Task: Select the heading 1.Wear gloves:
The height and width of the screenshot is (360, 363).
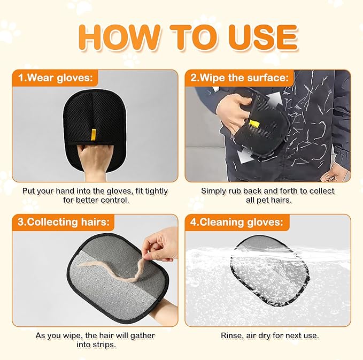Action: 56,78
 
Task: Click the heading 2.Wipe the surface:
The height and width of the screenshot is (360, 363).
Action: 240,78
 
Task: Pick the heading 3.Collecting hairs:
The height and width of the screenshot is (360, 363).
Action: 64,222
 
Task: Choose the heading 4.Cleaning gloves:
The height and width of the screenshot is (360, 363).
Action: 237,222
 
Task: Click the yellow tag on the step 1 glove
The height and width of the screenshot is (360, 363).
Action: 94,135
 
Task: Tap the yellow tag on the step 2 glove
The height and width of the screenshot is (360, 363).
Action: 254,124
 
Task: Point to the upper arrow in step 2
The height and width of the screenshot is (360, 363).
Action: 274,99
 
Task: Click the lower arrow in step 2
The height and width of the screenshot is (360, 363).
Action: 245,155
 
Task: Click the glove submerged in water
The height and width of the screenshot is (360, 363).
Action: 269,271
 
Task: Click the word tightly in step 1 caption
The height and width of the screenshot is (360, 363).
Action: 156,192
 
